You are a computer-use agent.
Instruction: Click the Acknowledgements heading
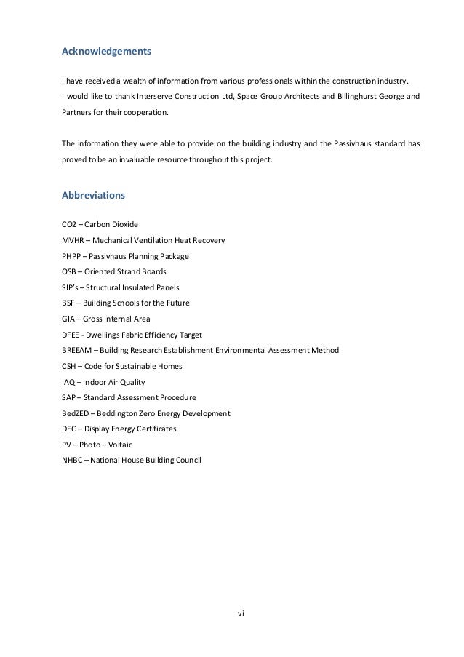coord(107,52)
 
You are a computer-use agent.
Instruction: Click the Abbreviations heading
coord(94,195)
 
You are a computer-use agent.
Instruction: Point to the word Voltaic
coord(119,445)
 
